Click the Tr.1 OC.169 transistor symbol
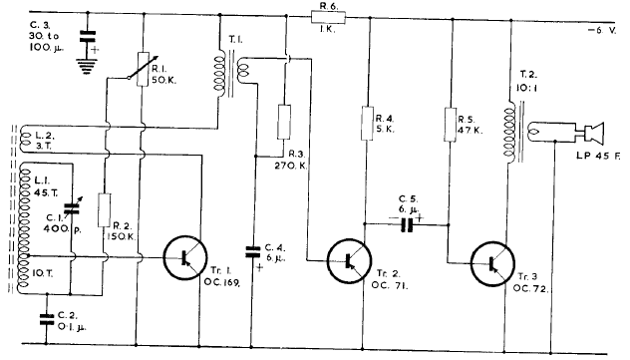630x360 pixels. coord(185,256)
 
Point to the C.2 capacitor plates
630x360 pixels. coord(43,319)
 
